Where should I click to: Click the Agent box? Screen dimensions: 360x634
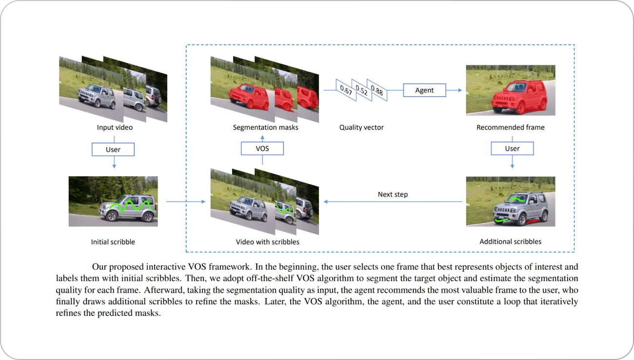pyautogui.click(x=424, y=90)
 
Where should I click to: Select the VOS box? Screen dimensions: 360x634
pyautogui.click(x=262, y=148)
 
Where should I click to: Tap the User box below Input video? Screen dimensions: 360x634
pyautogui.click(x=113, y=149)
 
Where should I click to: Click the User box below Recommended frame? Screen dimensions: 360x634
pyautogui.click(x=512, y=148)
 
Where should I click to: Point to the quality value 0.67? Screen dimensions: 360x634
pyautogui.click(x=346, y=90)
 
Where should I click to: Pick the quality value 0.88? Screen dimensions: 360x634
pyautogui.click(x=376, y=90)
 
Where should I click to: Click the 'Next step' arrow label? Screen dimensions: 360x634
pyautogui.click(x=393, y=194)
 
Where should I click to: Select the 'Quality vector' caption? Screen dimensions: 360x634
pyautogui.click(x=361, y=127)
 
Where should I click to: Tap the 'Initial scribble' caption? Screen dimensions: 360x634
pyautogui.click(x=113, y=241)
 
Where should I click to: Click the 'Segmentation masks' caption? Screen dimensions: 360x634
pyautogui.click(x=265, y=127)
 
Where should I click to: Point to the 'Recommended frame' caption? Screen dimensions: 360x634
pyautogui.click(x=510, y=127)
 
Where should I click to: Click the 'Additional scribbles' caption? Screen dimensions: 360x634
pyautogui.click(x=510, y=241)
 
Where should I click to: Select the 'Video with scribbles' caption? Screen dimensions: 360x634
pyautogui.click(x=268, y=241)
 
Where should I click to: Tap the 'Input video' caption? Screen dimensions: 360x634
pyautogui.click(x=115, y=127)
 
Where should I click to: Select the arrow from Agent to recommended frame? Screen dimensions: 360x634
pyautogui.click(x=454, y=90)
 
